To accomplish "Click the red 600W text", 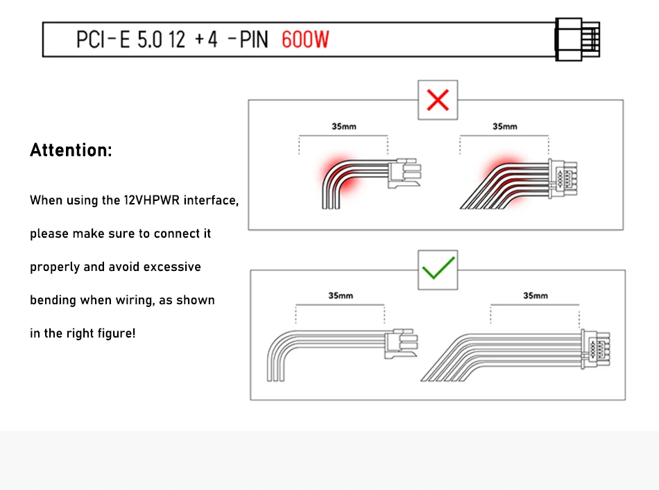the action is click(305, 40).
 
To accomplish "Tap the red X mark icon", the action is click(438, 100).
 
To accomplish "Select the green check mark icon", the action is click(438, 268).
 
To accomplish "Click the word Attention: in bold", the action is click(71, 150).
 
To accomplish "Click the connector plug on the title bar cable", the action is click(577, 40).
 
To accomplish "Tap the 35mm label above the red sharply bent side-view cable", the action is click(344, 126).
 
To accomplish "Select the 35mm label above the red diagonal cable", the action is click(505, 126).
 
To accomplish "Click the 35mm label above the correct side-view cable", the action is click(341, 296).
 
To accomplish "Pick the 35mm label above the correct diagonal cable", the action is click(535, 296).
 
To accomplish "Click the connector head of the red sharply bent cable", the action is click(404, 173).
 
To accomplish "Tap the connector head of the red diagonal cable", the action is click(563, 179).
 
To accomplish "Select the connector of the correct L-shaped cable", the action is click(401, 343).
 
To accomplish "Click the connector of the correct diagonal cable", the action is click(596, 349).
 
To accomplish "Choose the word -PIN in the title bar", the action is click(248, 40).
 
